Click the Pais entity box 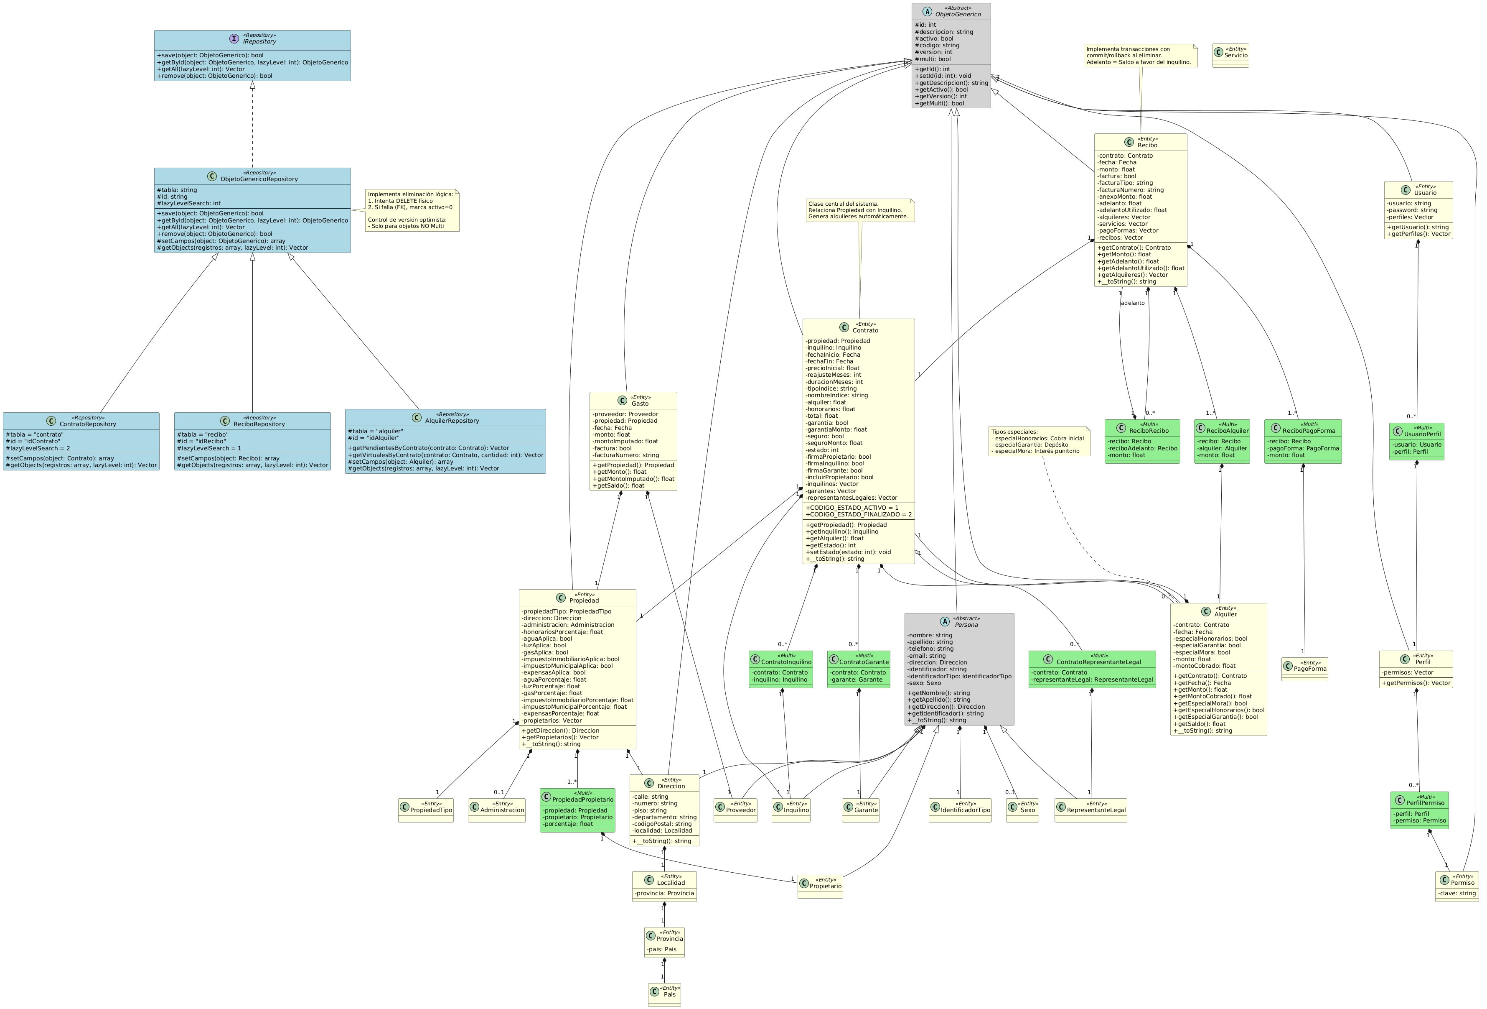(x=664, y=994)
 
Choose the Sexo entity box (x=1022, y=810)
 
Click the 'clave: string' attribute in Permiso (x=1457, y=893)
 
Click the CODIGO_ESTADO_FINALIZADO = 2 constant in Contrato (x=859, y=514)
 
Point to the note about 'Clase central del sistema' (x=860, y=210)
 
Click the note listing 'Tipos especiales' (x=1038, y=441)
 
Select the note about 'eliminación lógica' (x=412, y=210)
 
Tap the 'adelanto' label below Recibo (x=1133, y=303)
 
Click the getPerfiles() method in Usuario (x=1418, y=234)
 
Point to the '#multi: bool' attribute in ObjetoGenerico (x=933, y=59)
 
